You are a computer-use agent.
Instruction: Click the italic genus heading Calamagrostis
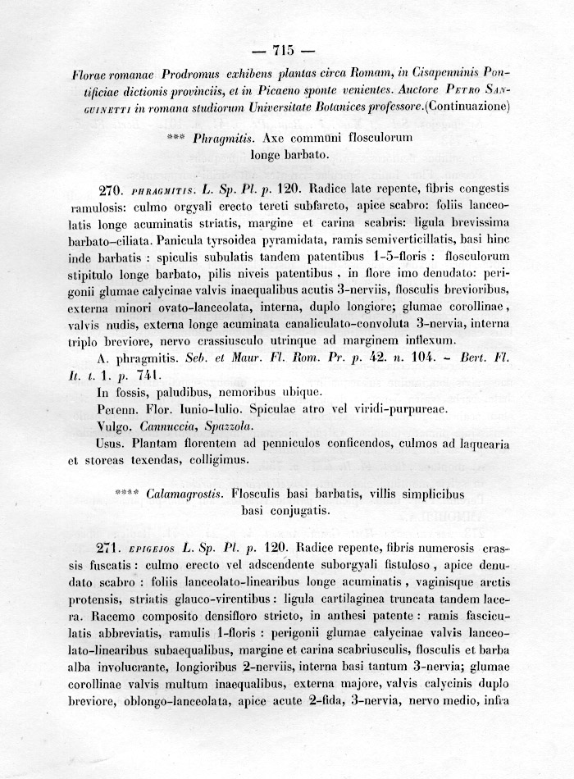tap(187, 494)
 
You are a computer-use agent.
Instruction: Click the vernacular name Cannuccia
tap(168, 426)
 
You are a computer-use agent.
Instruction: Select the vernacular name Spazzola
tap(230, 426)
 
